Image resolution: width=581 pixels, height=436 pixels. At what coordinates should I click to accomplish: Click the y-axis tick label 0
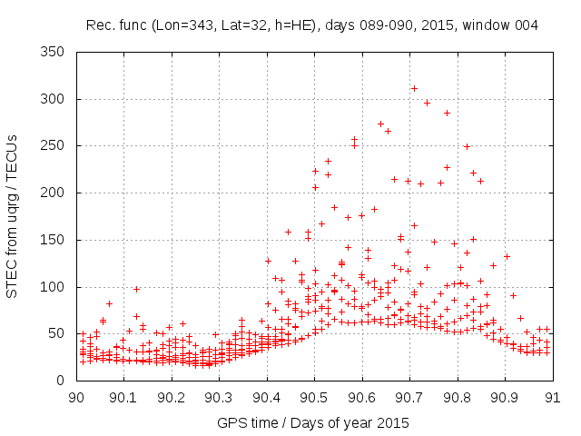63,381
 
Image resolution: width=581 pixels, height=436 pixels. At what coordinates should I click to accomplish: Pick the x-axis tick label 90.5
314,397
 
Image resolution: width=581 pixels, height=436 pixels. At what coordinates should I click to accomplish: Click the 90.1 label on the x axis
123,397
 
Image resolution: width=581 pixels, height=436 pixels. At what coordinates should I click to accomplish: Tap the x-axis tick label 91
552,397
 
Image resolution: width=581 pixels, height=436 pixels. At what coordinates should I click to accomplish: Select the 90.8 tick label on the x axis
457,397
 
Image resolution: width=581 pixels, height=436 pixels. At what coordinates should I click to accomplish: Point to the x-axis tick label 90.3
219,397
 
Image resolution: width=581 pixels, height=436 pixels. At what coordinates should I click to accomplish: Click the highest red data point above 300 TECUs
414,88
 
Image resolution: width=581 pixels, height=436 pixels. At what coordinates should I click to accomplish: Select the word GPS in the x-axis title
230,423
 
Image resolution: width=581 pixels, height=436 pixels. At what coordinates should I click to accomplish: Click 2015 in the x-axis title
393,423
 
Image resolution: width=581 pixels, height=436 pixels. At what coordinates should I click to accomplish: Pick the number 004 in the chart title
526,25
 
